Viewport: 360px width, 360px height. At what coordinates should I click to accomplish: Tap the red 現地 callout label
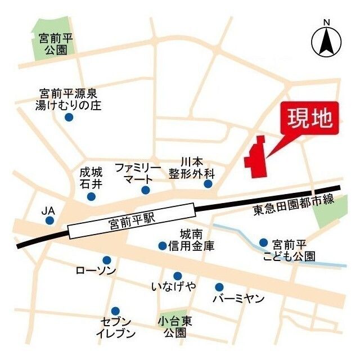pyautogui.click(x=309, y=119)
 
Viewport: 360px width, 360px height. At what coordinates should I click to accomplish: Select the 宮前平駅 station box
pyautogui.click(x=132, y=224)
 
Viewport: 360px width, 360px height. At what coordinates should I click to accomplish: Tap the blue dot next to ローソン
pyautogui.click(x=106, y=260)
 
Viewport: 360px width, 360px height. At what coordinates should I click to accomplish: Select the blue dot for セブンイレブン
pyautogui.click(x=115, y=310)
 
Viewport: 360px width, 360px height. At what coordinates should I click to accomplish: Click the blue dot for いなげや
pyautogui.click(x=178, y=276)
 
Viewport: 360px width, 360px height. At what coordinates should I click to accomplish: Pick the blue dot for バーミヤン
pyautogui.click(x=219, y=287)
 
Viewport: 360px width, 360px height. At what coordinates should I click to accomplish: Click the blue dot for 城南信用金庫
pyautogui.click(x=163, y=246)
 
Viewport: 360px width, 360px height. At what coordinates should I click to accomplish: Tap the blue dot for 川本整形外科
pyautogui.click(x=208, y=184)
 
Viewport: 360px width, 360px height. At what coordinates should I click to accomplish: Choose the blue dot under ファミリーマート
pyautogui.click(x=146, y=190)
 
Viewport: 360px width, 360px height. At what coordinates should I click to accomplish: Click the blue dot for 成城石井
pyautogui.click(x=91, y=196)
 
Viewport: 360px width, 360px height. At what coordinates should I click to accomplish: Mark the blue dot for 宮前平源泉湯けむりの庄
pyautogui.click(x=69, y=118)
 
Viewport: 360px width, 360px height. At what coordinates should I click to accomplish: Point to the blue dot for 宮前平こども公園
pyautogui.click(x=263, y=242)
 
